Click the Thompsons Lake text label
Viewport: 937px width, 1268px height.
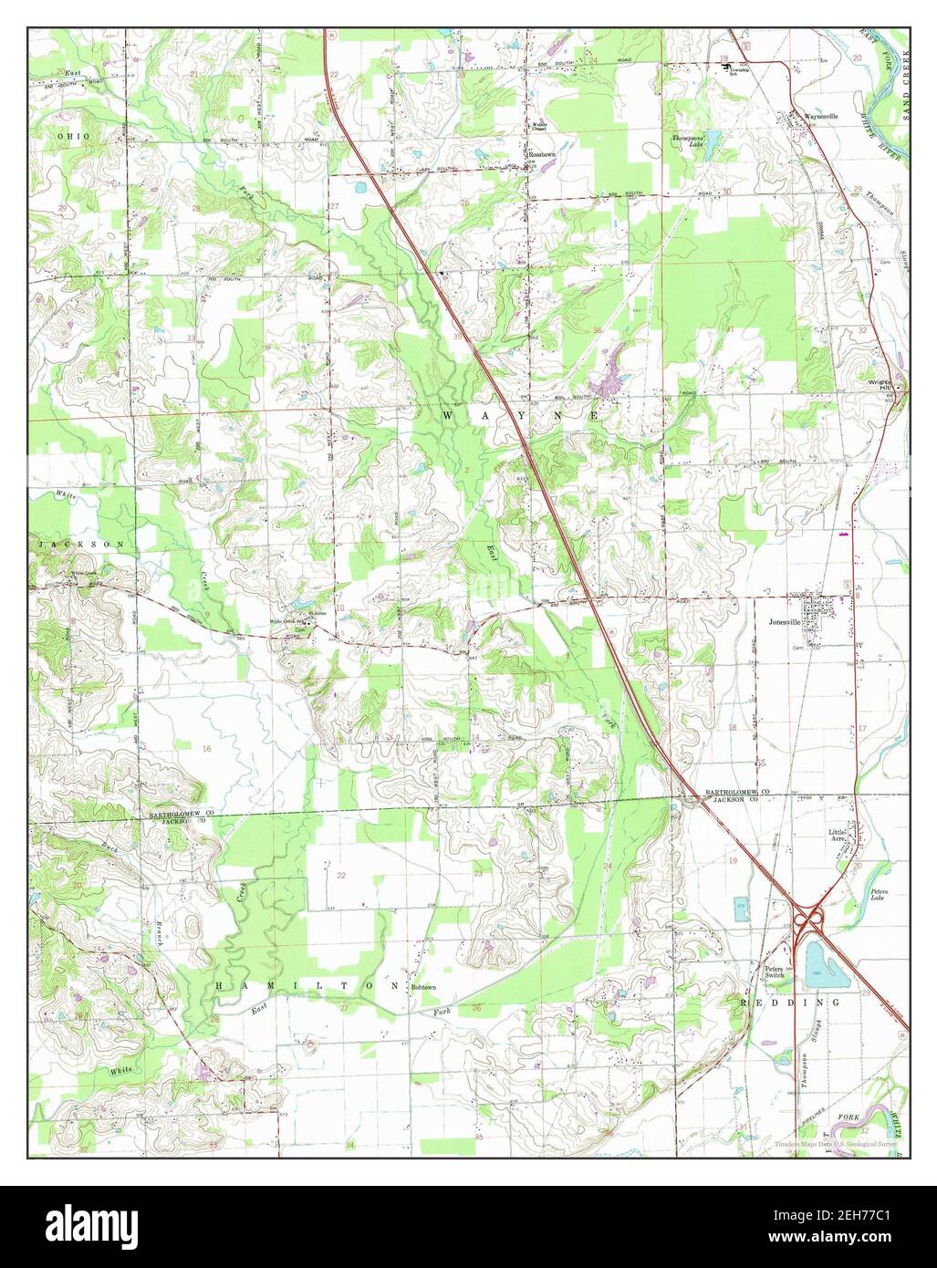[x=689, y=140]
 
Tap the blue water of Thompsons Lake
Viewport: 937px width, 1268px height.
[x=713, y=141]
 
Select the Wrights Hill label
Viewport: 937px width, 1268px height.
[x=878, y=385]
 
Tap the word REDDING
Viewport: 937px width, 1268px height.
[x=771, y=1002]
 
